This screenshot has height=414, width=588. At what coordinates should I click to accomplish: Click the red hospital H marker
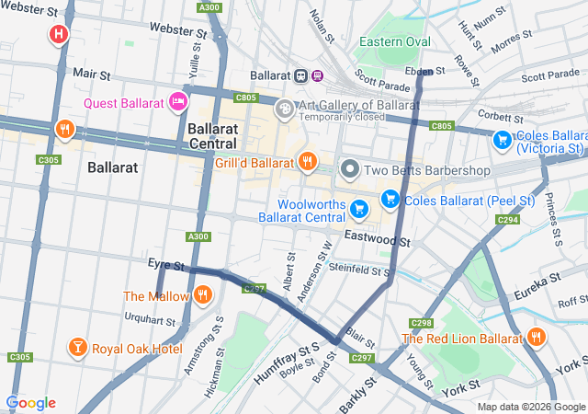click(59, 35)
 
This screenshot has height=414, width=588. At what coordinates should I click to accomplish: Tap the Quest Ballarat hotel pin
click(178, 100)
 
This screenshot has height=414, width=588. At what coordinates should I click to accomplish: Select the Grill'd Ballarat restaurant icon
click(307, 162)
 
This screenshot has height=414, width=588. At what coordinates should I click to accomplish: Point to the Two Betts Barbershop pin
click(350, 169)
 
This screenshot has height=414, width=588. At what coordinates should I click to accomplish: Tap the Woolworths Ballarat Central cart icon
click(360, 210)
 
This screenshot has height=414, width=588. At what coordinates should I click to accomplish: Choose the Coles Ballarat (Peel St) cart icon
click(390, 198)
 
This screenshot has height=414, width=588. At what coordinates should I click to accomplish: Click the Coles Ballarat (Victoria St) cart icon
click(502, 140)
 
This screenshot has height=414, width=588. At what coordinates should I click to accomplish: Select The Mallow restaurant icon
click(202, 295)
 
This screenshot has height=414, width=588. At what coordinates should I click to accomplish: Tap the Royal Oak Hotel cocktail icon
click(77, 348)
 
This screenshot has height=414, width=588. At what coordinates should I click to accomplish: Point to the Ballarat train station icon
click(300, 75)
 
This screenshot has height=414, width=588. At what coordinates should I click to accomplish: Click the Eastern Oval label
click(394, 42)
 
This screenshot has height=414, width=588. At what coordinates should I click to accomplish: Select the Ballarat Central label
click(212, 136)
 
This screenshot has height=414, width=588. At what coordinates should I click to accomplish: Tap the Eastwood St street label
click(377, 239)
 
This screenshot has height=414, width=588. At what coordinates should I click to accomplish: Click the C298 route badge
click(422, 322)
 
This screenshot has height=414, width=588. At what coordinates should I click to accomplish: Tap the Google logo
click(30, 403)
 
